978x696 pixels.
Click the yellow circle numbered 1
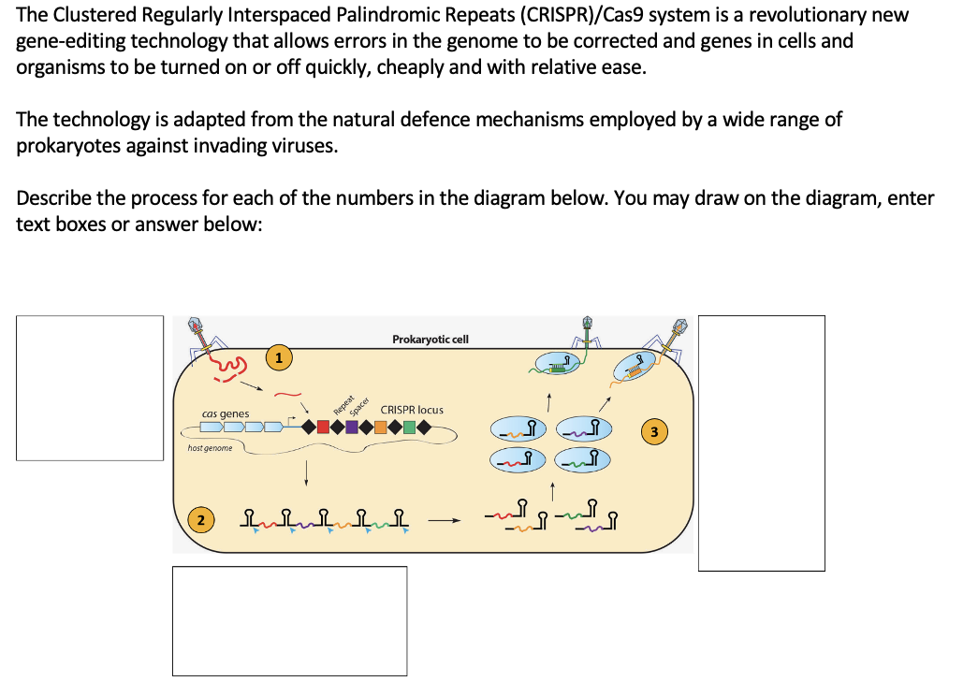278,356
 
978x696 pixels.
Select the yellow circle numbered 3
655,431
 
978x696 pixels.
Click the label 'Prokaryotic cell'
431,339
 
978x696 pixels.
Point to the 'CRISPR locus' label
412,410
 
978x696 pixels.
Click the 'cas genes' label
226,413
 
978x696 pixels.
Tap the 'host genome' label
210,449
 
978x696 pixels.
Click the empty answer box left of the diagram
90,387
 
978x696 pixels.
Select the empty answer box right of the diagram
761,442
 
